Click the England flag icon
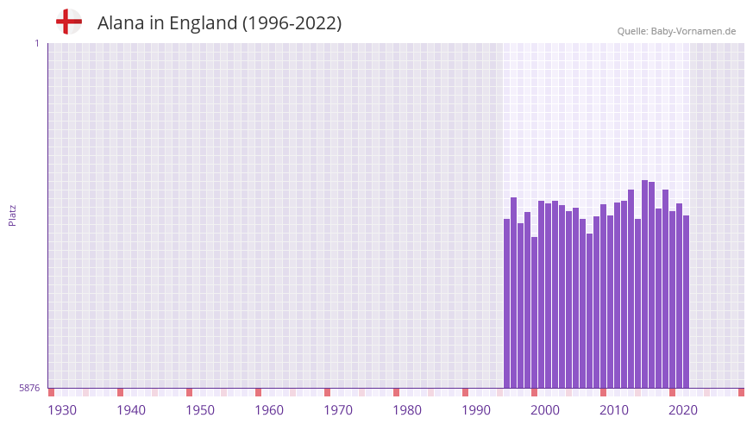(x=69, y=22)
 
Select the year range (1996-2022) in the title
(x=292, y=23)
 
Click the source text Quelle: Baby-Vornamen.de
(x=676, y=31)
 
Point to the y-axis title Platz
(x=12, y=215)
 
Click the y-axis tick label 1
(x=36, y=43)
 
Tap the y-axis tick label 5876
(x=29, y=389)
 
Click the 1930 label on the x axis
(x=62, y=410)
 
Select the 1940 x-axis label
(x=131, y=410)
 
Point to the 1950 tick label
(x=200, y=410)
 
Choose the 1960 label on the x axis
(x=269, y=410)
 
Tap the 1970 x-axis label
(x=338, y=410)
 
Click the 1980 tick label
(x=407, y=410)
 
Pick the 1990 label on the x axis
(x=476, y=410)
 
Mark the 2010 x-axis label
(x=614, y=410)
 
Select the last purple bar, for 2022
(x=687, y=302)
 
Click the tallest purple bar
(x=645, y=284)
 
